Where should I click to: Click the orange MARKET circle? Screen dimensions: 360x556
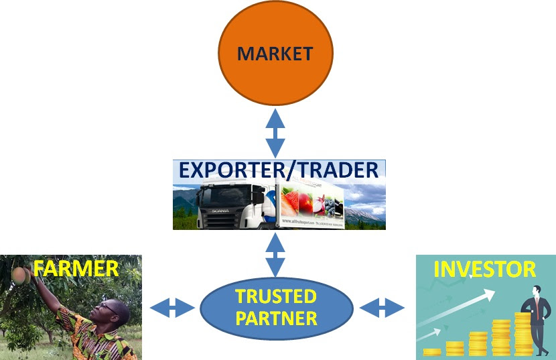pos(276,53)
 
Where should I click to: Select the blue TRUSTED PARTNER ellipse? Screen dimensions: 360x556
pos(276,308)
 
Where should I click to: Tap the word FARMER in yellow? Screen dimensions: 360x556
pos(76,269)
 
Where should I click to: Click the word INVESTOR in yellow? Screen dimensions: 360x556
pos(486,269)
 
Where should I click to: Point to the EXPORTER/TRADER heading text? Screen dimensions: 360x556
pos(279,170)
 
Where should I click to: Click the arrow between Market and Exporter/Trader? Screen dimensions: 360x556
pos(276,134)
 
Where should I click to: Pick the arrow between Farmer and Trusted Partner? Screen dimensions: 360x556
pos(172,308)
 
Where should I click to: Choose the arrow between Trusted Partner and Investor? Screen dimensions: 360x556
pos(383,308)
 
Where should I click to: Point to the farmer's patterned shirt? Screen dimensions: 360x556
pos(94,342)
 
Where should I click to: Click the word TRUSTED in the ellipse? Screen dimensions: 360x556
pos(276,296)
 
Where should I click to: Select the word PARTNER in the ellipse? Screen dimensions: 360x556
pos(276,318)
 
